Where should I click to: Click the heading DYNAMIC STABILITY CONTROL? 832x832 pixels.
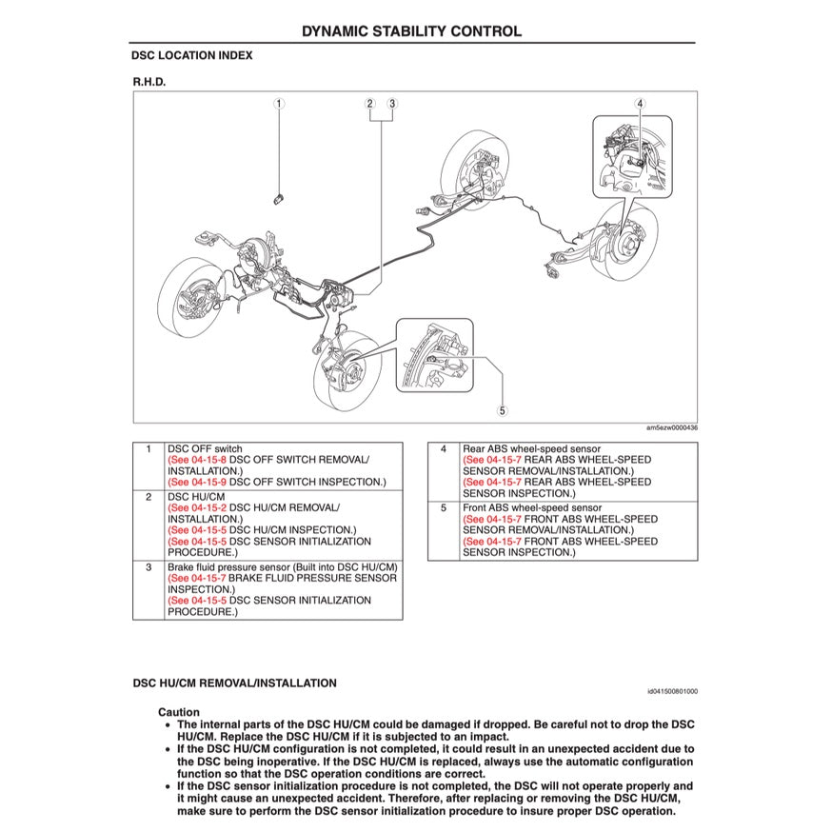click(411, 30)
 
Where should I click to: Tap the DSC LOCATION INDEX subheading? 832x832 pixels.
click(192, 56)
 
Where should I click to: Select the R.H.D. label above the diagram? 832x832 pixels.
click(149, 82)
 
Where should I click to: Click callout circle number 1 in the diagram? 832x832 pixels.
click(279, 103)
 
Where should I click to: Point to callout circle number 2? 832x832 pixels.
click(370, 103)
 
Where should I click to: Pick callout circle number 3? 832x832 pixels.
click(391, 103)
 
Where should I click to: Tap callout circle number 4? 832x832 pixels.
click(641, 103)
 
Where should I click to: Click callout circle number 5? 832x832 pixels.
click(502, 411)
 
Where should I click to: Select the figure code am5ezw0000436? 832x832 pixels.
click(671, 428)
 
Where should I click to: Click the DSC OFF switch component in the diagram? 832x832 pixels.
click(277, 196)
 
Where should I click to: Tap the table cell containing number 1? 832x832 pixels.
click(148, 448)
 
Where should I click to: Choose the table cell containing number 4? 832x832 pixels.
click(443, 448)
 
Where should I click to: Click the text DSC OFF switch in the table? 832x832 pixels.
click(205, 448)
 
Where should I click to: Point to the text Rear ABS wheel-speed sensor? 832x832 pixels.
click(531, 448)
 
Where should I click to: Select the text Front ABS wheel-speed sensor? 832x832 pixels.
click(533, 508)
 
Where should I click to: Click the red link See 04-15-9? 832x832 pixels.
click(197, 482)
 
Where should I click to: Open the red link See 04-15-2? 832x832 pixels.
click(197, 508)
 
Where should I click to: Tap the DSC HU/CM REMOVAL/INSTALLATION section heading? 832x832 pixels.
click(234, 683)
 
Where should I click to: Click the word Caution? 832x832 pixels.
click(179, 712)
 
